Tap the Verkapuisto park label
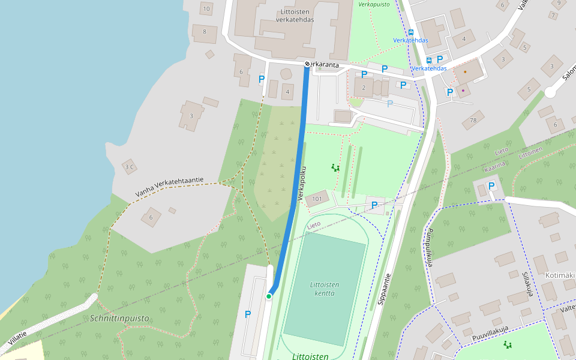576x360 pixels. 374,4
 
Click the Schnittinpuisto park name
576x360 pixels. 119,318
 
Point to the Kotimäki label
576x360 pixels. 560,275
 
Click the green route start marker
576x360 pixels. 269,296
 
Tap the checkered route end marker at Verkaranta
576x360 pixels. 307,64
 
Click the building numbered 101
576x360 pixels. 317,199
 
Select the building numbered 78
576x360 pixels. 473,120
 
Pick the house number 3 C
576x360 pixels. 130,167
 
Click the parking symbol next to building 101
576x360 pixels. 374,205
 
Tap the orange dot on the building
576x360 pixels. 465,71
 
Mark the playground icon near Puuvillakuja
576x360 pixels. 508,344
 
